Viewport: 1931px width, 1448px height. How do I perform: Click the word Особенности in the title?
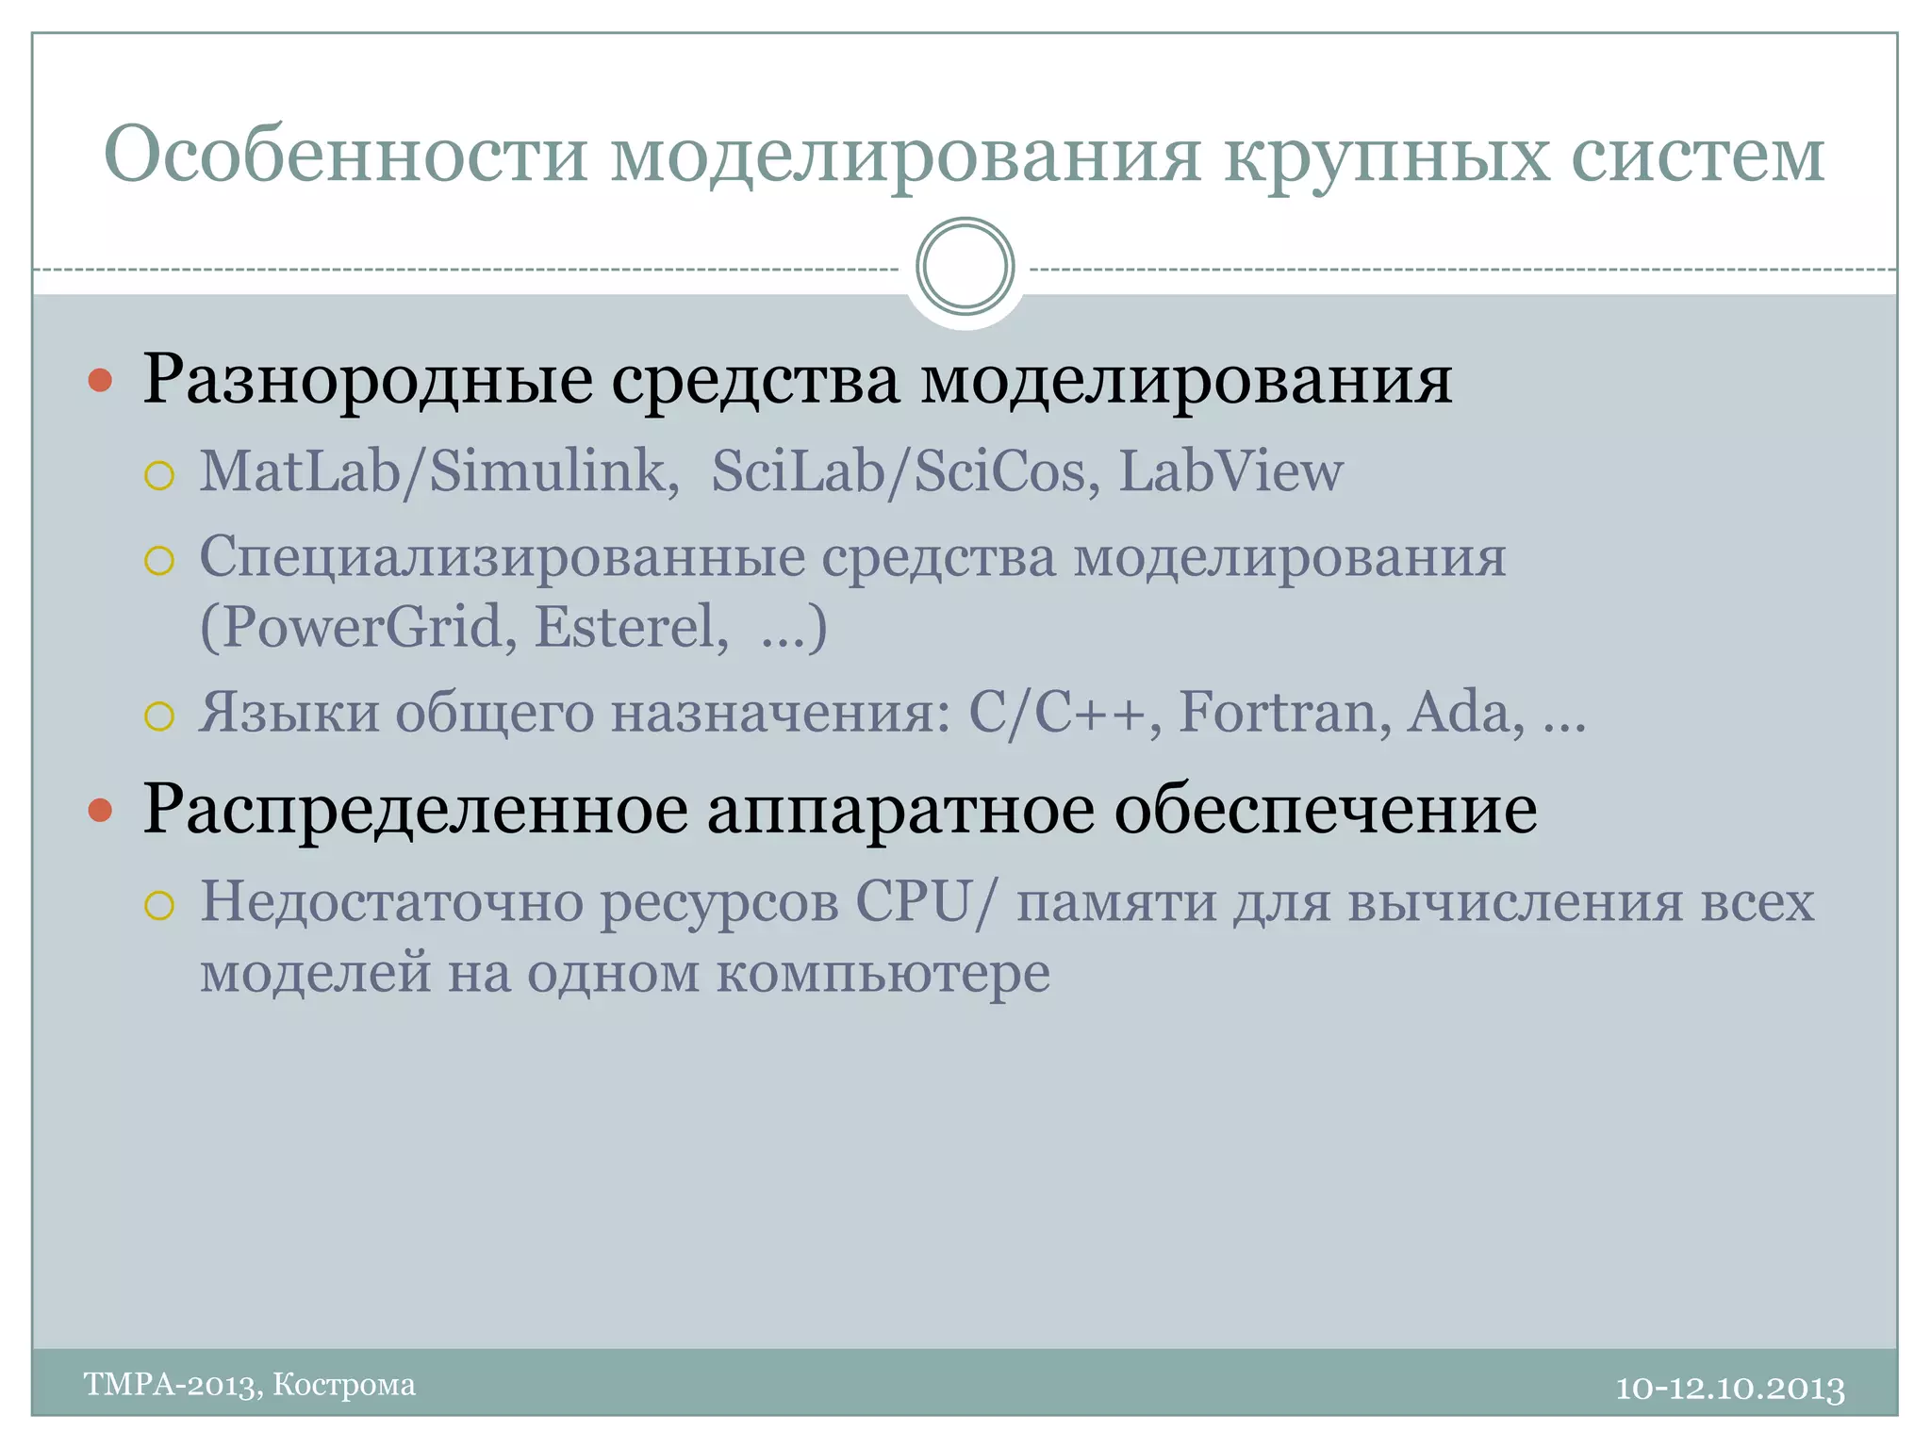pos(346,155)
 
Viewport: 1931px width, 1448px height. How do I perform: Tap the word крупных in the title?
pos(1386,156)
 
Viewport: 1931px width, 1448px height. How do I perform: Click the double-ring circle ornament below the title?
pos(965,267)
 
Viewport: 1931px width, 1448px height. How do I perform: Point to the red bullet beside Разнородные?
pos(100,381)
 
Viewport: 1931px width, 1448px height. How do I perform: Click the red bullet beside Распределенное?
pos(100,810)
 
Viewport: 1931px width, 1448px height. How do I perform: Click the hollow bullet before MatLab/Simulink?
pos(159,475)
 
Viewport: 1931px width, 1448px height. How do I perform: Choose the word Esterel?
pos(631,626)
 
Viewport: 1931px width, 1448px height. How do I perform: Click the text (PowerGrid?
pos(358,628)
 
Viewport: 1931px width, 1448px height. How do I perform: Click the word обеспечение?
pos(1326,809)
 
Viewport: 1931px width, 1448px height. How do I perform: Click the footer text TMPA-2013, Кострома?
pos(250,1384)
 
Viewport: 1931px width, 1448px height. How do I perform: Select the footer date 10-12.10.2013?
pos(1730,1388)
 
